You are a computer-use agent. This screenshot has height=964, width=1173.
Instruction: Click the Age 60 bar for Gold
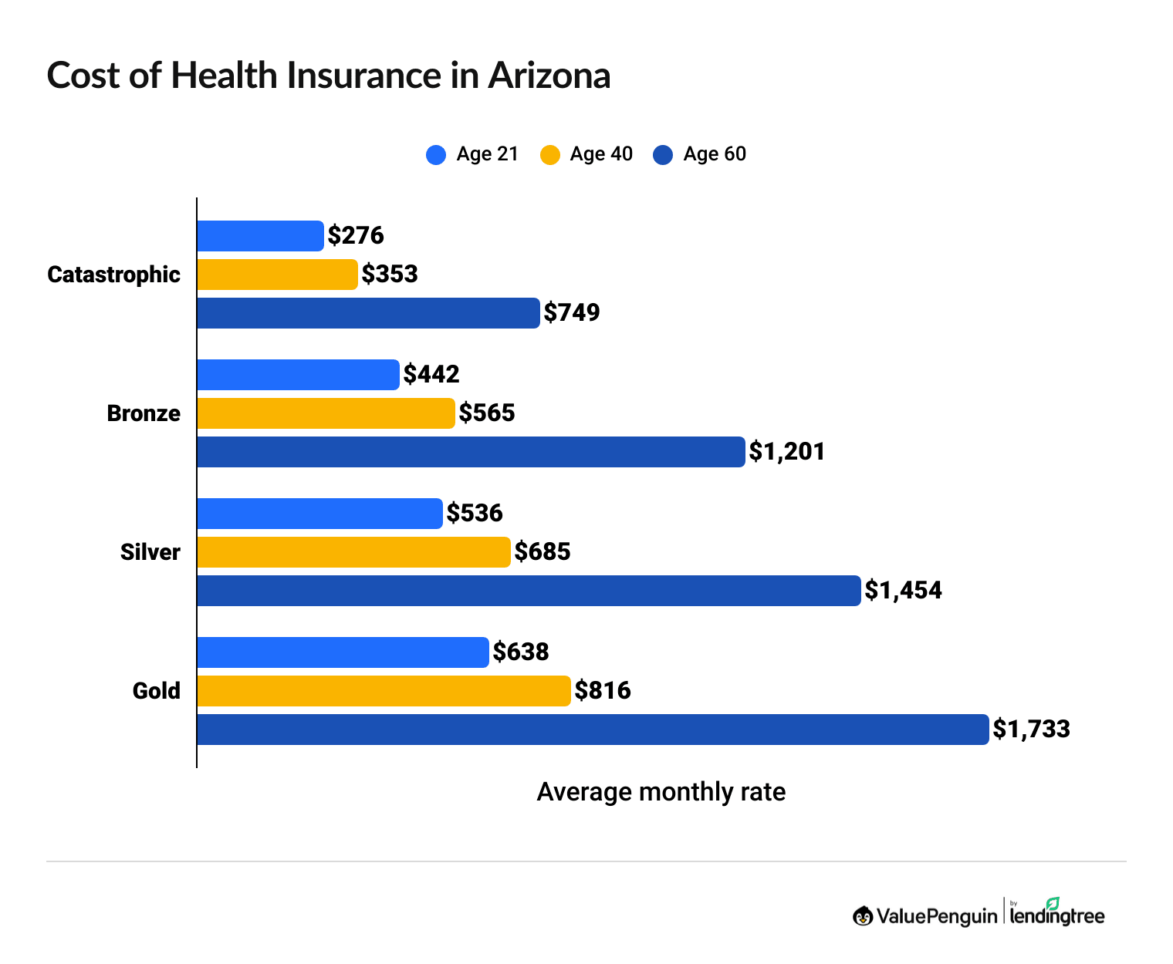[593, 730]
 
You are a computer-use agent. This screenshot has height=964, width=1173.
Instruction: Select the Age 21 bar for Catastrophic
[260, 236]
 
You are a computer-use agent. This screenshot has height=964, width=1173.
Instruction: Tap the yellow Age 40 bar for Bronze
[326, 413]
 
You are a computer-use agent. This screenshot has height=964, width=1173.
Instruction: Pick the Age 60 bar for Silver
[529, 591]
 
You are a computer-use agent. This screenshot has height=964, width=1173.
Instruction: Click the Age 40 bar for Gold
[384, 691]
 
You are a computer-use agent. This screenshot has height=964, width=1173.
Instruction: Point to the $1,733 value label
[1031, 730]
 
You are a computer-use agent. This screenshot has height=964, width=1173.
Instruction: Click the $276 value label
[356, 236]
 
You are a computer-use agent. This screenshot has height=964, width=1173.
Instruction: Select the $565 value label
[487, 413]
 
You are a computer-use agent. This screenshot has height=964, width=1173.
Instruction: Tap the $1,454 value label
[903, 591]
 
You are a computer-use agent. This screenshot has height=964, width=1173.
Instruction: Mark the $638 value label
[521, 652]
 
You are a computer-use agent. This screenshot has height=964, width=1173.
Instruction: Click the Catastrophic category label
[113, 275]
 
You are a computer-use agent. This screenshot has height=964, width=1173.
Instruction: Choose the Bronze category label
[144, 413]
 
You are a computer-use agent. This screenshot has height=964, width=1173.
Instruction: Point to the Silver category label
[150, 552]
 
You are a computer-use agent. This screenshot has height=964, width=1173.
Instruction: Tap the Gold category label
[157, 691]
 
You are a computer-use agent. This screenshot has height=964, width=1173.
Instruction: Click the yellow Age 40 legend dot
[550, 155]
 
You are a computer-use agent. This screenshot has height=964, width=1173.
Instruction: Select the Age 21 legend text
[487, 154]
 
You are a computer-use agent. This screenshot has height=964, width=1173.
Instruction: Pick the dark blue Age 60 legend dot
[663, 155]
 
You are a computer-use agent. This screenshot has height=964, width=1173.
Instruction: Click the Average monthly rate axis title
[661, 792]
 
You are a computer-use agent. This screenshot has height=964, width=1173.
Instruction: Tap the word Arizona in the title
[549, 76]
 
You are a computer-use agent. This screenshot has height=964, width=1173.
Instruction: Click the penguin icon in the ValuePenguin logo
[863, 916]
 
